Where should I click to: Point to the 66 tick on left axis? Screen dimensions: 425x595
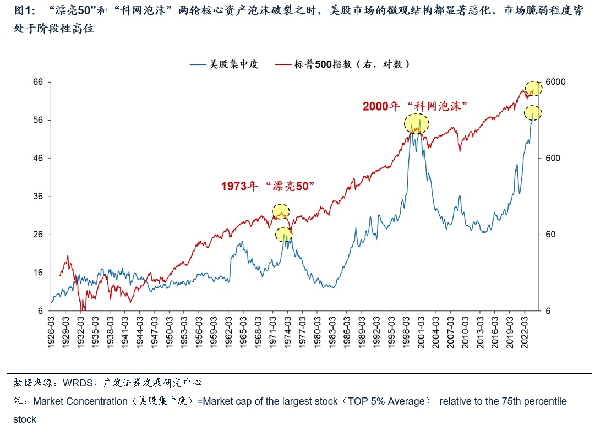point(39,82)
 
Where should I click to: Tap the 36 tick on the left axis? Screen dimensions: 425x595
point(39,197)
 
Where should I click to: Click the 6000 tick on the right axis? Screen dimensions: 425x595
point(555,82)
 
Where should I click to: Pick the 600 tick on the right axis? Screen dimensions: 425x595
point(553,159)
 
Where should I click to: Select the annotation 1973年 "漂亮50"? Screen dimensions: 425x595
point(267,186)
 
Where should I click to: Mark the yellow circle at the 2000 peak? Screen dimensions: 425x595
point(417,123)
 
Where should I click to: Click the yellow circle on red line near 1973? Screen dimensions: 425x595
point(281,211)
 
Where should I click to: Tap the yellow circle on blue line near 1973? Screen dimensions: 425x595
point(283,235)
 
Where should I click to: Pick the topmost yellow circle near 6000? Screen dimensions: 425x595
point(533,89)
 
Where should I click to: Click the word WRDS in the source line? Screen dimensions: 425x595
point(77,382)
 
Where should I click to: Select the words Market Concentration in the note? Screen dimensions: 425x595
point(80,401)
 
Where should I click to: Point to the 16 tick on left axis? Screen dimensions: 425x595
point(39,273)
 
